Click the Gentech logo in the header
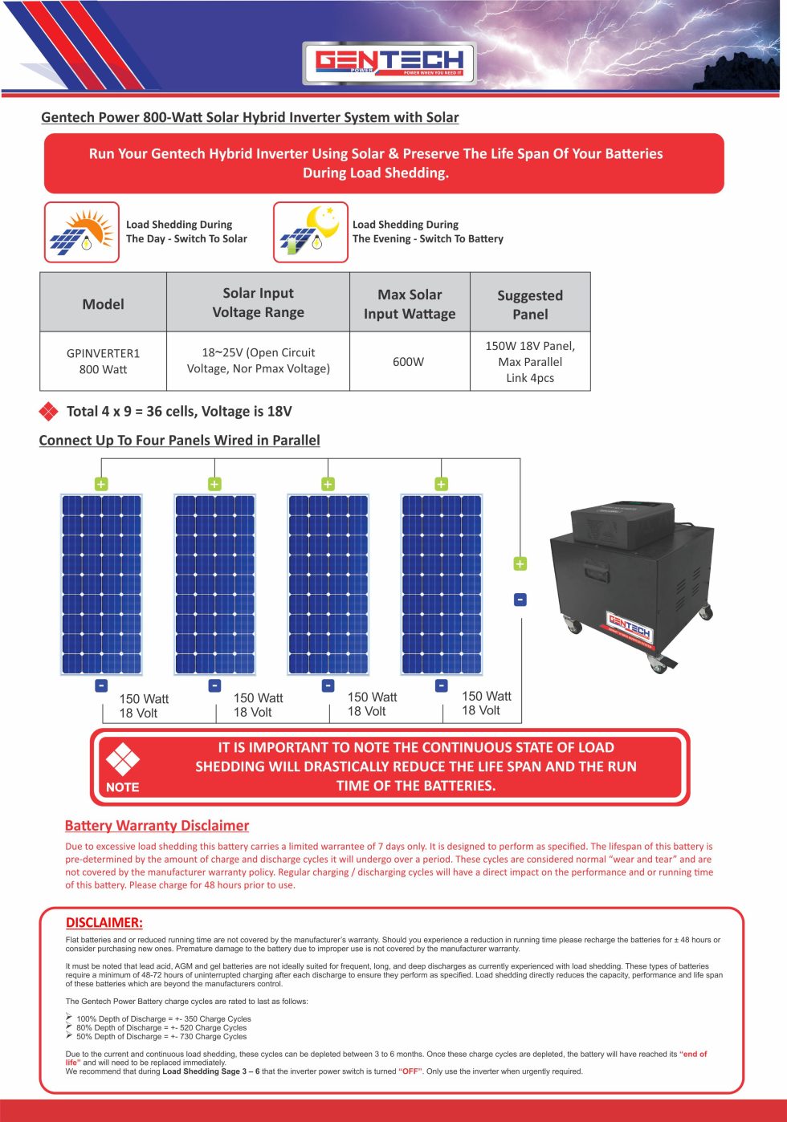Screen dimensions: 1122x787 point(389,62)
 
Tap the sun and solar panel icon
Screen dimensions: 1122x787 point(81,232)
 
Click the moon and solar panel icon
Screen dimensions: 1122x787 point(311,232)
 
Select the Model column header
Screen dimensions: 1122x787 point(103,303)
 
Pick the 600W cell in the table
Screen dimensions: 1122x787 point(409,362)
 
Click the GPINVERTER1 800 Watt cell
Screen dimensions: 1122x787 point(103,361)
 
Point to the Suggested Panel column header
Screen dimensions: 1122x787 point(530,304)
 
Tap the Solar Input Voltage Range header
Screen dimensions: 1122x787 point(258,303)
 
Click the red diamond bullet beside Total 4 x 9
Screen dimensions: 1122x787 point(49,412)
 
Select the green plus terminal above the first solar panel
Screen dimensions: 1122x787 point(101,484)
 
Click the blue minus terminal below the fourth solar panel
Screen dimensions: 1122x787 point(441,685)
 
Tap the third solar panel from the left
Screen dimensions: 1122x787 point(328,584)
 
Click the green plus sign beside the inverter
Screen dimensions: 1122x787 point(520,564)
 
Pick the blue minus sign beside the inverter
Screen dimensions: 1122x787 point(520,600)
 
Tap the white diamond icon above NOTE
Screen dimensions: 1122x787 point(122,758)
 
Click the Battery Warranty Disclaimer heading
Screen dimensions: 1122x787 point(157,825)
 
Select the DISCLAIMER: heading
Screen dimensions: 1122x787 point(104,922)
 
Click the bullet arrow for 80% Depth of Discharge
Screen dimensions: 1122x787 point(69,1026)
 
